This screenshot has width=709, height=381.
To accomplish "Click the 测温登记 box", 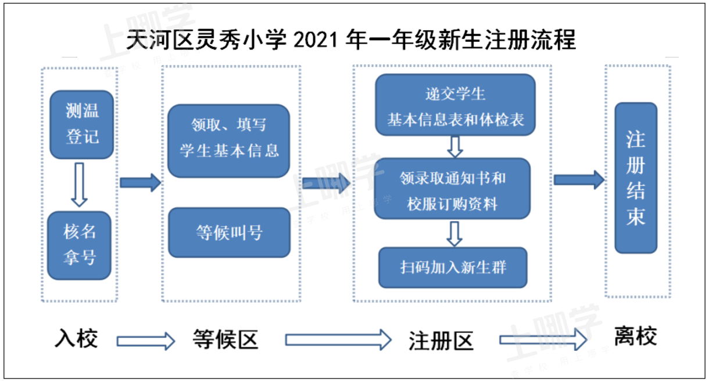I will click(81, 124).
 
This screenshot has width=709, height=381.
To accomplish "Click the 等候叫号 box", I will click(229, 233).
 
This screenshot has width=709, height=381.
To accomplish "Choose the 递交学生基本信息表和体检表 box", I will click(455, 105).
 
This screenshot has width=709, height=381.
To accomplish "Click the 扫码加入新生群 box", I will click(453, 268).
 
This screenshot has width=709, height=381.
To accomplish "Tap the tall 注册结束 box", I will click(636, 178).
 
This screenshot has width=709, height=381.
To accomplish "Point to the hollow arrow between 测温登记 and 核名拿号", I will click(79, 184).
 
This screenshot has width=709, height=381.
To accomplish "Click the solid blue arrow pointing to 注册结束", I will click(578, 180).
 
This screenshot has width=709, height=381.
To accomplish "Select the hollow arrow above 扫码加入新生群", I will click(454, 233).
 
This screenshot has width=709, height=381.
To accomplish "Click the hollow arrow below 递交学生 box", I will click(455, 147).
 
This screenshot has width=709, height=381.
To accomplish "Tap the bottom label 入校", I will click(76, 338).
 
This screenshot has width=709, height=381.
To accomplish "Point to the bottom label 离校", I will click(635, 337).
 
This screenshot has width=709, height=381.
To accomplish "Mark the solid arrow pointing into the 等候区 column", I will click(140, 183).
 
